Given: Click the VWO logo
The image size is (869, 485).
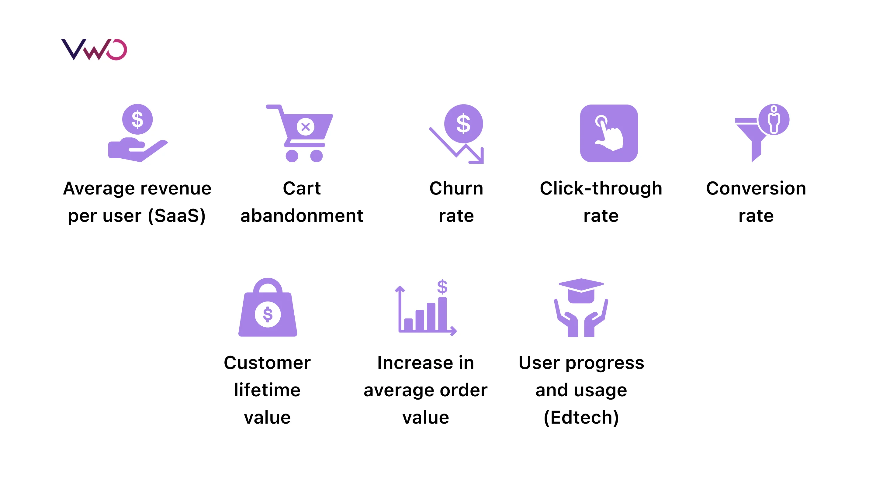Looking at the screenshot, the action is [x=94, y=50].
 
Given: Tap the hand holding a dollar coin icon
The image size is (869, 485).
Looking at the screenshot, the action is [x=138, y=133].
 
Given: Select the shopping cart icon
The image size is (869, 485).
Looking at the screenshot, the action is [x=299, y=133].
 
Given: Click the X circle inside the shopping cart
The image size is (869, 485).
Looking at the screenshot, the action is [x=305, y=127].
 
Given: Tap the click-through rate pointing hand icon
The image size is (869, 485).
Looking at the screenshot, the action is [x=609, y=133].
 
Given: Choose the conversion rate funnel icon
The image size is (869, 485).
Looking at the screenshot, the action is [x=762, y=133].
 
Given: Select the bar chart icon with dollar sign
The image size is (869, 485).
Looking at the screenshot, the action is [x=426, y=308].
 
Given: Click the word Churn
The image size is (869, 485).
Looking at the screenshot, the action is [x=456, y=188].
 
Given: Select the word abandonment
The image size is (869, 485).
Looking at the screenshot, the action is [x=302, y=216].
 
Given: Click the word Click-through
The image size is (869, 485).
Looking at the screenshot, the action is [x=601, y=188].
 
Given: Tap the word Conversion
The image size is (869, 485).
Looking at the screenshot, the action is [x=756, y=188].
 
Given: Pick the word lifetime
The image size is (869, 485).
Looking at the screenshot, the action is [x=267, y=390].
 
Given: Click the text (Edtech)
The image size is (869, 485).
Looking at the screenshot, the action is [x=581, y=418].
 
